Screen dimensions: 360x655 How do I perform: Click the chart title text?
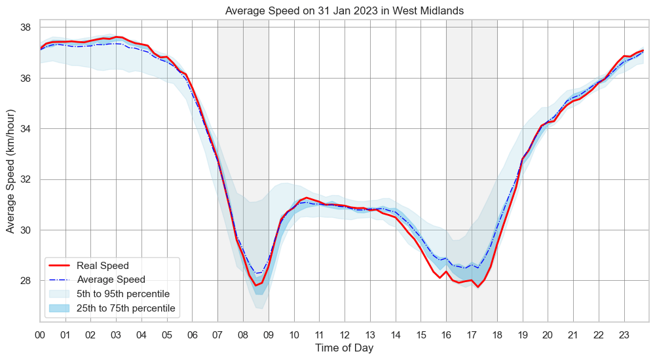(345, 11)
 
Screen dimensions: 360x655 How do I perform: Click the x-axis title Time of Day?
(345, 348)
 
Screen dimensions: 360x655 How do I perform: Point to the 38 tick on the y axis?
(26, 27)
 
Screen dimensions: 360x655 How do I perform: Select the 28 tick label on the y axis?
(26, 281)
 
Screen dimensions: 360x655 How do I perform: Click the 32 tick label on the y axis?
(26, 179)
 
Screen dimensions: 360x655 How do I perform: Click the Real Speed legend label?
(102, 266)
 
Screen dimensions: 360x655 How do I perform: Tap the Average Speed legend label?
(111, 279)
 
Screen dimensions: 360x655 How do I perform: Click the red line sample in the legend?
(60, 266)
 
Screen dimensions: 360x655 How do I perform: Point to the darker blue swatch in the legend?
(60, 308)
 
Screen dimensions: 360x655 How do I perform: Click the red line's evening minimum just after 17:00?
(477, 287)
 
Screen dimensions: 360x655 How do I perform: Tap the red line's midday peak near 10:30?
(307, 197)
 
